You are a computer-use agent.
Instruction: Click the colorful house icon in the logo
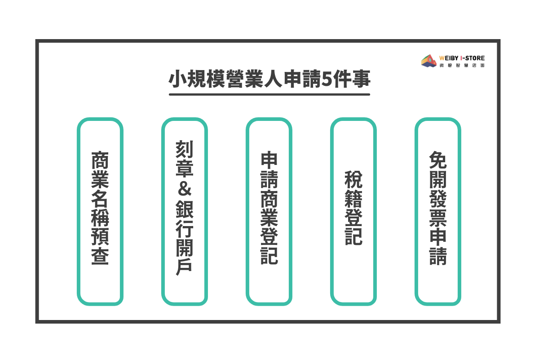pos(429,61)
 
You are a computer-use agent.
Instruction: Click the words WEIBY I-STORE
pos(462,58)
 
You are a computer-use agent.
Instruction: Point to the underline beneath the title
pos(269,95)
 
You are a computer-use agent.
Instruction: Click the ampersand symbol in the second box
pos(185,189)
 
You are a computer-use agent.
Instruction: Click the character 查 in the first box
pos(100,256)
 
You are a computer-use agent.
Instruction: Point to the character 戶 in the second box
pos(184,267)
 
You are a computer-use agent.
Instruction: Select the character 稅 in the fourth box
pos(353,179)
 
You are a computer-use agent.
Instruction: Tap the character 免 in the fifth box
pos(438,160)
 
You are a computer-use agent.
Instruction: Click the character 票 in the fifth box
pos(438,218)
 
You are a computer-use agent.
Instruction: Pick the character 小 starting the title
pos(177,79)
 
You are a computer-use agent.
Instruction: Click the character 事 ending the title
pos(361,79)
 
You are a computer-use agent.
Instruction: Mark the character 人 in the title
pos(273,79)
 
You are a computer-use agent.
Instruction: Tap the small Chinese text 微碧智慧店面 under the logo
pos(462,65)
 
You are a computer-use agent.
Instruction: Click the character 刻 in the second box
pos(185,149)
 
